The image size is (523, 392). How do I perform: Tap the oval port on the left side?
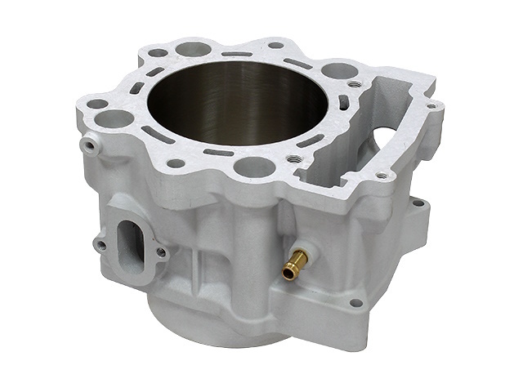(x=132, y=237)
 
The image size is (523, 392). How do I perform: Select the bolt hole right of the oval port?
(x=161, y=252)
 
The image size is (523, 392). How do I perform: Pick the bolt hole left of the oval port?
(x=101, y=243)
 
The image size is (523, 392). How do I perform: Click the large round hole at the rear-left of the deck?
(x=194, y=49)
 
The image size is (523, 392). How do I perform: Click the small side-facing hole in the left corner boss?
(x=87, y=146)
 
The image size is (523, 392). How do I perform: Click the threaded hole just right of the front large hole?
(x=291, y=158)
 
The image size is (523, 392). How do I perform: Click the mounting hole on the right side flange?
(x=418, y=201)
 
